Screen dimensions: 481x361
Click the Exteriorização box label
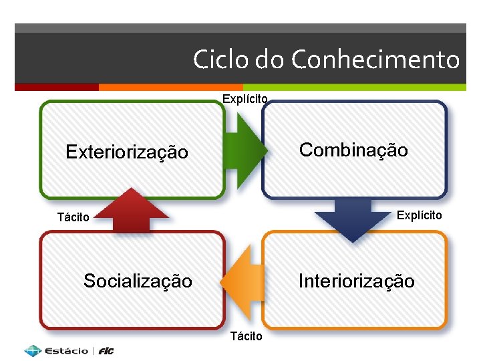click(x=127, y=152)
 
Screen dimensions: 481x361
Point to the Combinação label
click(x=353, y=150)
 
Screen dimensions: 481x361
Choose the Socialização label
click(x=138, y=281)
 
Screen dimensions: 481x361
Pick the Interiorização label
click(x=356, y=281)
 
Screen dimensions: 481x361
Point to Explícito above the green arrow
click(x=245, y=100)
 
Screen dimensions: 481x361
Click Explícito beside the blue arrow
click(x=420, y=215)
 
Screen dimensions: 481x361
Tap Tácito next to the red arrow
click(x=73, y=217)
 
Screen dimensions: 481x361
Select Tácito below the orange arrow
click(x=247, y=336)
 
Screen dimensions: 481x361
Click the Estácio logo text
click(x=66, y=351)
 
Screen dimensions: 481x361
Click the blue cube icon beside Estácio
click(x=33, y=350)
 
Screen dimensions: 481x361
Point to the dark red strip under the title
click(x=56, y=87)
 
